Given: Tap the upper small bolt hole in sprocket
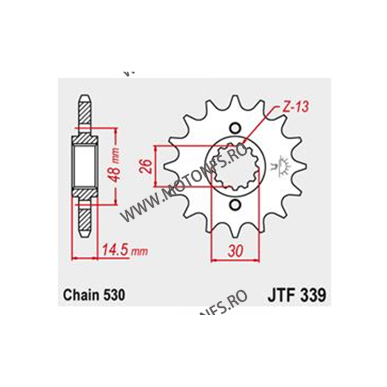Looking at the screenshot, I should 236,128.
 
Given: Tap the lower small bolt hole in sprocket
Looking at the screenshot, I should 236,205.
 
